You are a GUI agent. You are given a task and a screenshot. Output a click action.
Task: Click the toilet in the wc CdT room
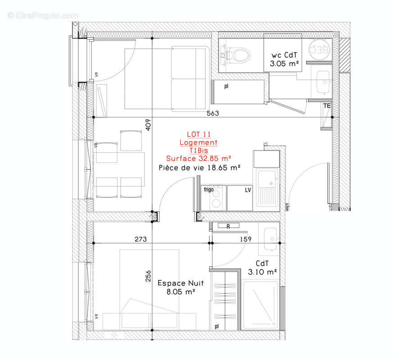click(x=239, y=55)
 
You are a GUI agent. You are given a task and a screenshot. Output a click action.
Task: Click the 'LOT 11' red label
click(x=199, y=134)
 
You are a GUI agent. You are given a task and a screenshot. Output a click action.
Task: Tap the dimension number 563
click(x=213, y=113)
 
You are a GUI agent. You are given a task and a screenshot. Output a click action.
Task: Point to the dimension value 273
click(x=141, y=239)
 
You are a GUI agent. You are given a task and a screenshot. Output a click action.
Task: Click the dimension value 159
click(x=245, y=239)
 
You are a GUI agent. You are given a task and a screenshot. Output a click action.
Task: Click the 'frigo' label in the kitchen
click(x=208, y=189)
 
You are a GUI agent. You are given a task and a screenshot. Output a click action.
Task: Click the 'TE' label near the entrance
click(x=327, y=106)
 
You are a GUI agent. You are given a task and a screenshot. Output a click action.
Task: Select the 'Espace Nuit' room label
click(x=180, y=283)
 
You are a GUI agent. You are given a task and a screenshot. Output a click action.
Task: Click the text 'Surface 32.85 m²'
click(x=199, y=158)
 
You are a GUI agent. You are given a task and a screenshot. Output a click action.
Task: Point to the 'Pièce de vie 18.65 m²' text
click(x=199, y=167)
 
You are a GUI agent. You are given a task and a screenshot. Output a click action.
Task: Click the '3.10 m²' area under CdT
click(x=262, y=272)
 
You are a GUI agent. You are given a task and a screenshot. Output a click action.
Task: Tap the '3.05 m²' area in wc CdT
click(x=285, y=64)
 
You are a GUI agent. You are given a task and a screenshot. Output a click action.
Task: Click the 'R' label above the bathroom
click(x=228, y=226)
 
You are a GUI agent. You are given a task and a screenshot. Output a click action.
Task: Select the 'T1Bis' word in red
click(x=199, y=151)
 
